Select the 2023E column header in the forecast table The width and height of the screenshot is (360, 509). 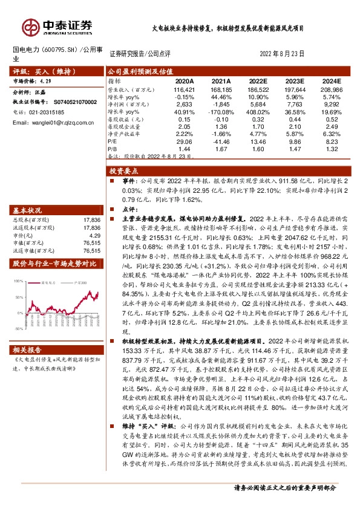[x=294, y=80]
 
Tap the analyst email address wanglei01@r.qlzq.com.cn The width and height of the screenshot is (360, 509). [x=54, y=123]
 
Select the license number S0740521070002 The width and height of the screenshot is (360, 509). [x=70, y=103]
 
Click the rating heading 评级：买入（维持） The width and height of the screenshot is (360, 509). [x=37, y=71]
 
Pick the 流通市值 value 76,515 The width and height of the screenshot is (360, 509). [x=92, y=250]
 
